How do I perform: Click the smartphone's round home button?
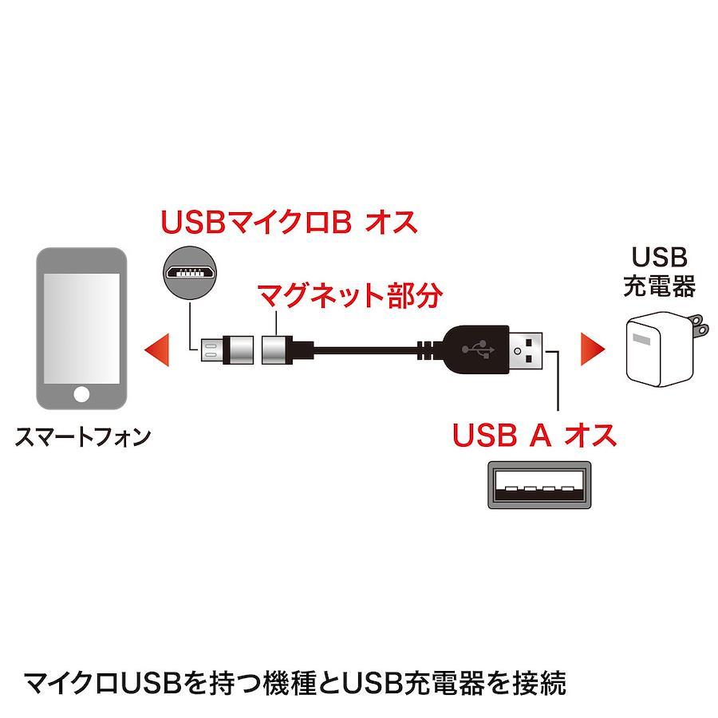tap(81, 394)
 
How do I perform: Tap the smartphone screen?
tap(81, 329)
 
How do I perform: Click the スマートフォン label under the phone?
tap(83, 437)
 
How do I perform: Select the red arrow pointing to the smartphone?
tap(157, 349)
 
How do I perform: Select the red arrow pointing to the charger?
tap(593, 349)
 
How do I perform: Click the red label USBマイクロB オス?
tap(289, 223)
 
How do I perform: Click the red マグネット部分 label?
tap(350, 295)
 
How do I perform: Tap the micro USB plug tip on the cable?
tap(211, 349)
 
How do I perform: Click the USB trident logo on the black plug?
tap(478, 349)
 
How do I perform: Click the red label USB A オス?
tap(535, 435)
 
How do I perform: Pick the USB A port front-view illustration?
tap(539, 484)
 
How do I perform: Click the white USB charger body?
tap(658, 350)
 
